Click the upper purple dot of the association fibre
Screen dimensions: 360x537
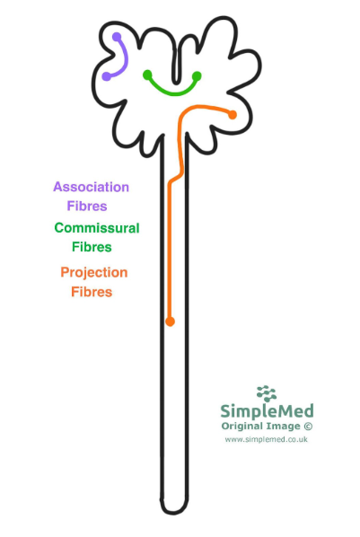coord(117,37)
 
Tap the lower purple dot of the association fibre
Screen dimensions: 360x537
coord(107,76)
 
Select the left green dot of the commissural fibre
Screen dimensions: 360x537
coord(147,75)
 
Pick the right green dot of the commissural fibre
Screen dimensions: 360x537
coord(197,75)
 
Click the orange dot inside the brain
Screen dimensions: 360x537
coord(233,115)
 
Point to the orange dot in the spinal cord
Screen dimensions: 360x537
coord(170,321)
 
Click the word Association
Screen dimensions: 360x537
coord(91,187)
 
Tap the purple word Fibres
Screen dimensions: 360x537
coord(87,207)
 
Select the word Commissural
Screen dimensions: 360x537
coord(97,228)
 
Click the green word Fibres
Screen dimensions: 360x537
coord(92,247)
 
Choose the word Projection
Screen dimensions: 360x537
coord(94,273)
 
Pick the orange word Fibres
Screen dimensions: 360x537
coord(92,292)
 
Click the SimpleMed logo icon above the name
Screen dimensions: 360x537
coord(267,393)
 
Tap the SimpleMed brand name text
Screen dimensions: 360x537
coord(267,411)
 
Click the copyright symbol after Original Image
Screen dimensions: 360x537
coord(308,426)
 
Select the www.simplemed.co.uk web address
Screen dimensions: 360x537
coord(266,439)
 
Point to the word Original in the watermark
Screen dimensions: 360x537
coord(241,427)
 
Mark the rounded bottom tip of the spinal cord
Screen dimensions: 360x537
coord(173,513)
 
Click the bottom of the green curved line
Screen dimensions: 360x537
coord(173,93)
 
